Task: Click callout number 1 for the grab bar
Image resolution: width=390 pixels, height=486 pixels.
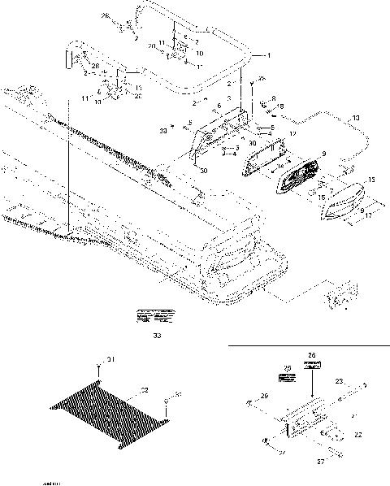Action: [x=269, y=54]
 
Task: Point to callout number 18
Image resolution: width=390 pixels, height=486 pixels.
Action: [x=280, y=106]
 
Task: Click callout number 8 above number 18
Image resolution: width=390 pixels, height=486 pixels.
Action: [x=275, y=98]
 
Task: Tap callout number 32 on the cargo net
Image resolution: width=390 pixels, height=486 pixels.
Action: [x=145, y=391]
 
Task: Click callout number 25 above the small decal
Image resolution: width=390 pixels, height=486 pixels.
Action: [x=285, y=367]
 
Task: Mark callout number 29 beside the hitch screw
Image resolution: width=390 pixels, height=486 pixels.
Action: [x=263, y=396]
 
